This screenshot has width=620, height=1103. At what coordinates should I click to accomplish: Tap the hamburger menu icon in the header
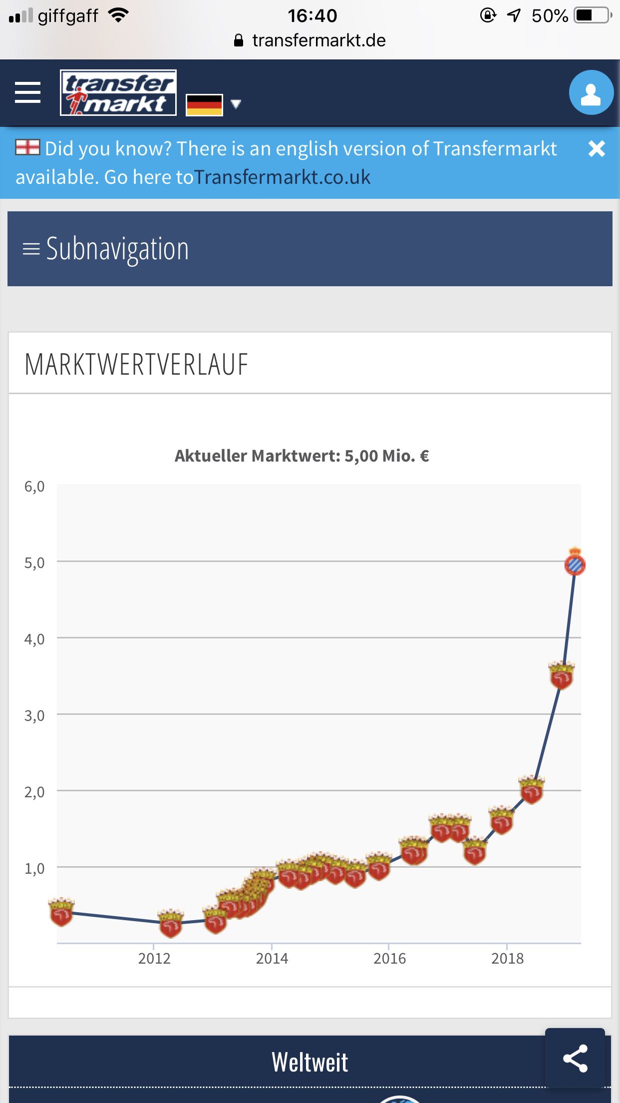tap(27, 93)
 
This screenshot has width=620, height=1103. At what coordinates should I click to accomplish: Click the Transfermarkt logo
tap(118, 93)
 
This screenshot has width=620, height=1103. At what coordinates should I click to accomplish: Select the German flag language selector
tap(204, 105)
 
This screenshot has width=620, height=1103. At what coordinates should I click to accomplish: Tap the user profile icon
tap(591, 93)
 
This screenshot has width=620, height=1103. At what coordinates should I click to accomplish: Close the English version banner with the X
tap(597, 149)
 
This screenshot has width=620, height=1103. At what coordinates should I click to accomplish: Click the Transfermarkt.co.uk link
tap(283, 177)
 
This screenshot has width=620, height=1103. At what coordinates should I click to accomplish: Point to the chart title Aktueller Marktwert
tap(302, 456)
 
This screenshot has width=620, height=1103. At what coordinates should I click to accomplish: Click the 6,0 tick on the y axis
tap(34, 487)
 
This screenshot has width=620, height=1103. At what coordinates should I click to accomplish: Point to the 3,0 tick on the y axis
tap(34, 716)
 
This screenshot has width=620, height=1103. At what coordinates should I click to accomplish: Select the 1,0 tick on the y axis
tap(34, 869)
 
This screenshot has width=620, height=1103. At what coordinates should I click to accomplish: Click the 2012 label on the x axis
tap(154, 959)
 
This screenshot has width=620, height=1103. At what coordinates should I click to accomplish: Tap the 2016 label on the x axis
tap(389, 959)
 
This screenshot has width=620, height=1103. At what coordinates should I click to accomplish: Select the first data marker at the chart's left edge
tap(61, 912)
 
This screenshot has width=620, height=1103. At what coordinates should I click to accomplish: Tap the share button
tap(575, 1058)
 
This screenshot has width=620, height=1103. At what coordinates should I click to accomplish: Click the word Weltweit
tap(310, 1062)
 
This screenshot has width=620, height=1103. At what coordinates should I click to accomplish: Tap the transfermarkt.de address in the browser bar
tap(318, 40)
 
